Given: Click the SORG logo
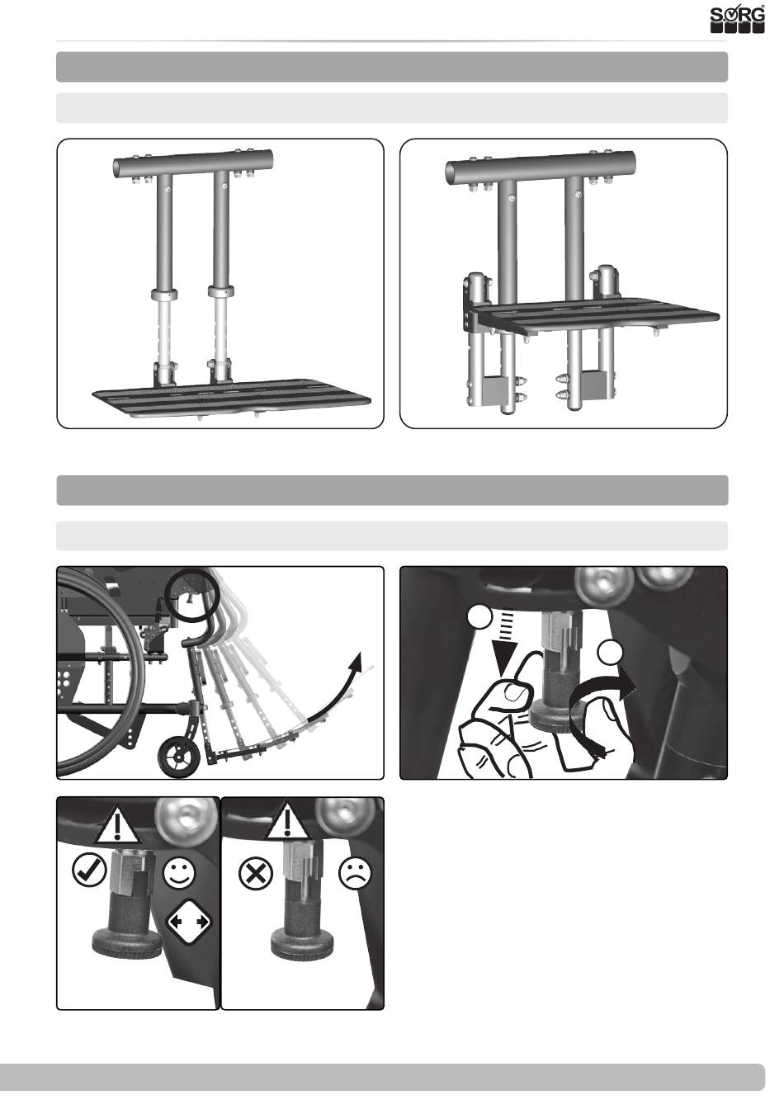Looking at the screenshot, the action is (x=737, y=19).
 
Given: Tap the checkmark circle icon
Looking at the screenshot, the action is (x=89, y=871).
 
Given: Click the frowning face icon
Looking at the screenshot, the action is (x=355, y=872).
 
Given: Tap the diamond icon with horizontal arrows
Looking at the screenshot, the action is (x=187, y=922).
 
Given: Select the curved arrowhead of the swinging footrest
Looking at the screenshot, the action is (x=355, y=663).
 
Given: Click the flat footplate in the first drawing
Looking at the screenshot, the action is (x=232, y=398).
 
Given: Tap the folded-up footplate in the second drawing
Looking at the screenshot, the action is (x=594, y=318).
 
